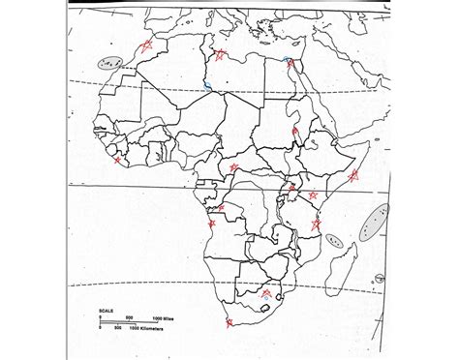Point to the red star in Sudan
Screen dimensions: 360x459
(294, 133)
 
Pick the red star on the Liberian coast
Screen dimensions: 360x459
(118, 161)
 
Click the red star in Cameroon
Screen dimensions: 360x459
(233, 167)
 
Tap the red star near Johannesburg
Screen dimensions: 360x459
(266, 292)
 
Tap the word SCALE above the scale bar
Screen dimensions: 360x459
(107, 312)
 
